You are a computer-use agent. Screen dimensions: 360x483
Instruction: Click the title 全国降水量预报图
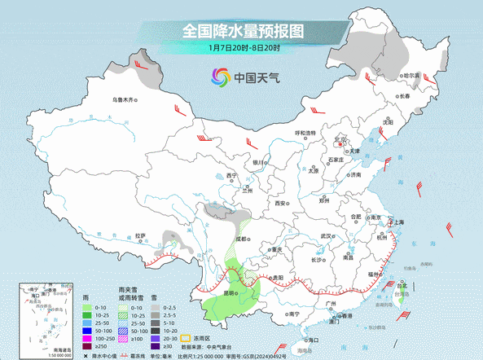242,31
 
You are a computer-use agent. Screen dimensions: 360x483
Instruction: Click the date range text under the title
242,50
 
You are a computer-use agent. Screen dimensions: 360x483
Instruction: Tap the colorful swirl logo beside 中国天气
221,77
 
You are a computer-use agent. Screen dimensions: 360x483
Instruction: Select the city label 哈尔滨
411,75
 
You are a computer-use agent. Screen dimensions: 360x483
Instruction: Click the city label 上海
398,222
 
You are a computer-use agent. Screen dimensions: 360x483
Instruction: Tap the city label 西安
281,202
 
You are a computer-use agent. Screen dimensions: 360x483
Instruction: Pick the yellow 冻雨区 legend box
186,336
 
